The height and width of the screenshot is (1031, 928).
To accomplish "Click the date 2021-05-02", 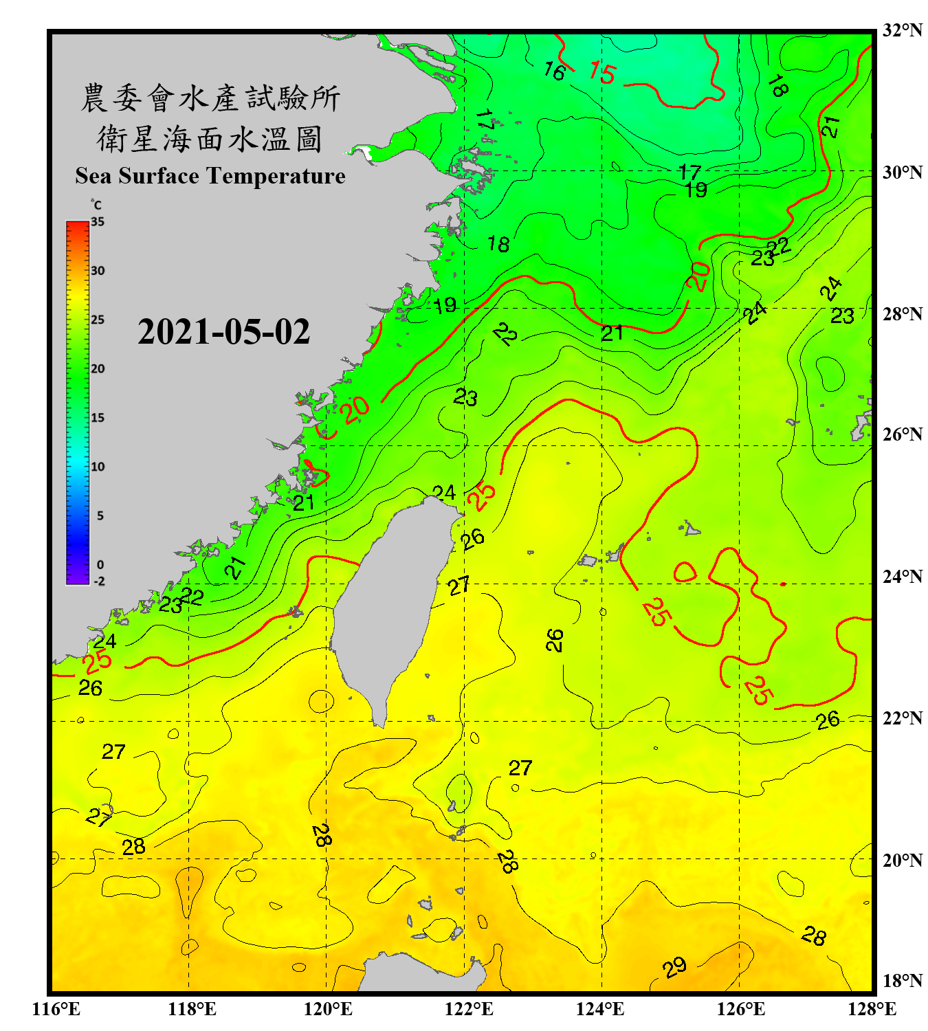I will [x=223, y=331].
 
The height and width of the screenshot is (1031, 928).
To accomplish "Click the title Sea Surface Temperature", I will [x=210, y=176].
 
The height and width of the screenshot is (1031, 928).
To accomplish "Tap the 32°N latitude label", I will [x=902, y=30].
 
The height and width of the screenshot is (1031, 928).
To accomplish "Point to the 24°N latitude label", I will [x=902, y=576].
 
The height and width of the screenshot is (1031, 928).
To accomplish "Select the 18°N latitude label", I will [x=902, y=981].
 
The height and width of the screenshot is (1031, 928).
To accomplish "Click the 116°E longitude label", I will [x=56, y=1009].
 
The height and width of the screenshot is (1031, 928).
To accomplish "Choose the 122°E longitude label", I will [x=469, y=1009].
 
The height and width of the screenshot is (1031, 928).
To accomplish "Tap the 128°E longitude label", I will [x=872, y=1009].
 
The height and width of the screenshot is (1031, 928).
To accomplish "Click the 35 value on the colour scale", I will [x=98, y=222].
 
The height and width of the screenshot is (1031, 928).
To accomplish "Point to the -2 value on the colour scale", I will [x=99, y=581].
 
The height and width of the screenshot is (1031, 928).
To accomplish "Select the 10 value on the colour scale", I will [x=98, y=467].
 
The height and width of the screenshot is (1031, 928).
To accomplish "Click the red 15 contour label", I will [x=602, y=72].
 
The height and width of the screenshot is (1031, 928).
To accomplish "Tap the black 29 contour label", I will [x=674, y=967].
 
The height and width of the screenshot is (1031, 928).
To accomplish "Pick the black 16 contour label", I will [x=554, y=70].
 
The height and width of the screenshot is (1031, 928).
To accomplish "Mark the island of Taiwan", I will [x=392, y=598].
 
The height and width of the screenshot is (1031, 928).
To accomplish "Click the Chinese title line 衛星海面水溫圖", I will [x=210, y=139].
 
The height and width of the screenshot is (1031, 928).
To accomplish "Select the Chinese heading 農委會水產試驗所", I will [x=210, y=98].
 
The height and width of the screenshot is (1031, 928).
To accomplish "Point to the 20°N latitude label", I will [x=902, y=860].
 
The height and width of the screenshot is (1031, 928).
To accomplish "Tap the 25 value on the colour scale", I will [x=98, y=320].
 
